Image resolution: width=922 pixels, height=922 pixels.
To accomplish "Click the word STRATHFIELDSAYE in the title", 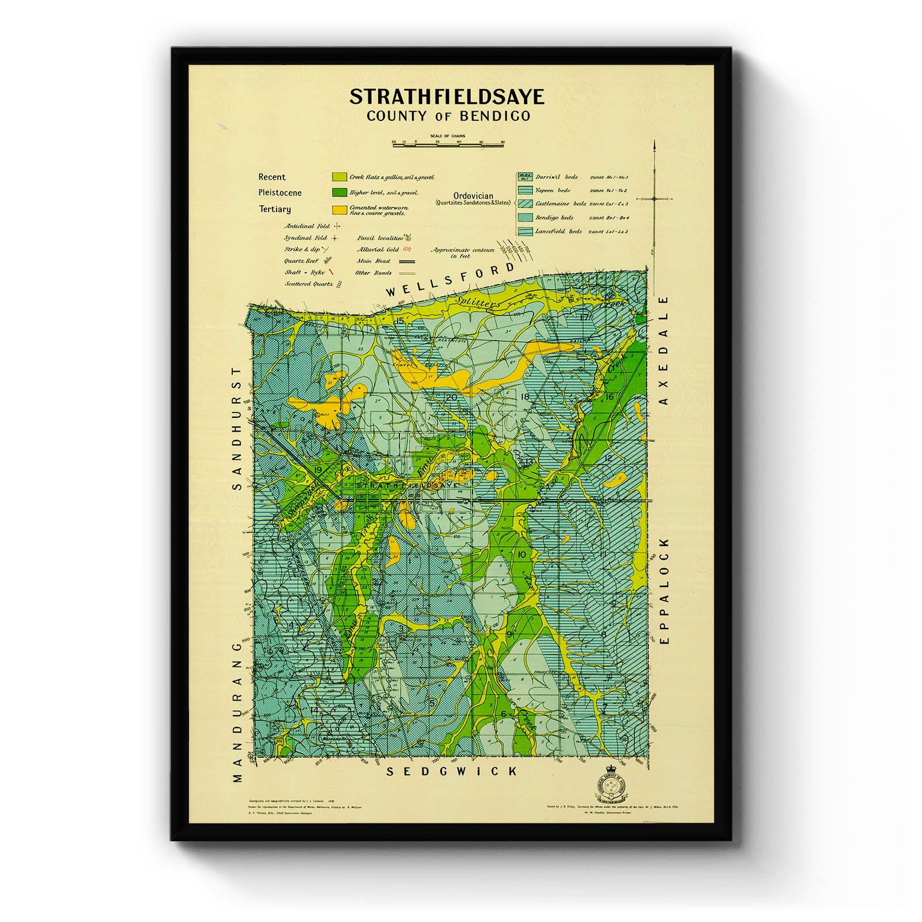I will click(447, 96).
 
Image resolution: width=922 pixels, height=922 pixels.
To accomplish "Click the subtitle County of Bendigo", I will click(448, 116).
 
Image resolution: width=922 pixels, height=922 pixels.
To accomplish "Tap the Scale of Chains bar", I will click(448, 145).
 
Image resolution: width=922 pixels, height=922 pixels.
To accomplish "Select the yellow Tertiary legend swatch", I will click(339, 210).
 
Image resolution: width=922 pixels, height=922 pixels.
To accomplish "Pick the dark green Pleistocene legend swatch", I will click(339, 192).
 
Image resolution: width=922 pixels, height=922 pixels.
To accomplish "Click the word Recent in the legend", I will click(271, 177).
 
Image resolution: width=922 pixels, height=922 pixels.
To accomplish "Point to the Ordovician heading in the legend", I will click(473, 196).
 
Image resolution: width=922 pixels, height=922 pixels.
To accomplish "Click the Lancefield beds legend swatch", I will click(524, 231).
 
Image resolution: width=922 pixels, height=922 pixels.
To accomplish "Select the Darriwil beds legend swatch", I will click(524, 177).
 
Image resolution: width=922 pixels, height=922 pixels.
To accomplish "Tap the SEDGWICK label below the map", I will click(451, 771).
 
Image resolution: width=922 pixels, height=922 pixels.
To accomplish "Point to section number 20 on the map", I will click(451, 397).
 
